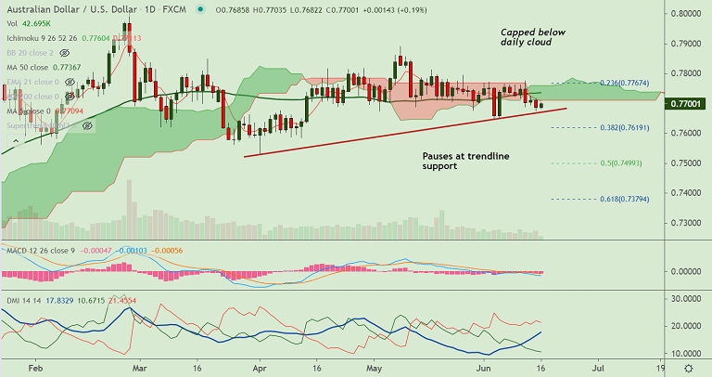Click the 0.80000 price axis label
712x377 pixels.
(685, 14)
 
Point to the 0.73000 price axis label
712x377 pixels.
(685, 223)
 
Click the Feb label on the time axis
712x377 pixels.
(35, 369)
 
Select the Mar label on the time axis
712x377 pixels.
(139, 369)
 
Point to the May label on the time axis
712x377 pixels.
(375, 369)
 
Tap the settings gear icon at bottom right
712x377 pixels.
(687, 369)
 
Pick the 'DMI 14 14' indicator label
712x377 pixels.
(23, 302)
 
